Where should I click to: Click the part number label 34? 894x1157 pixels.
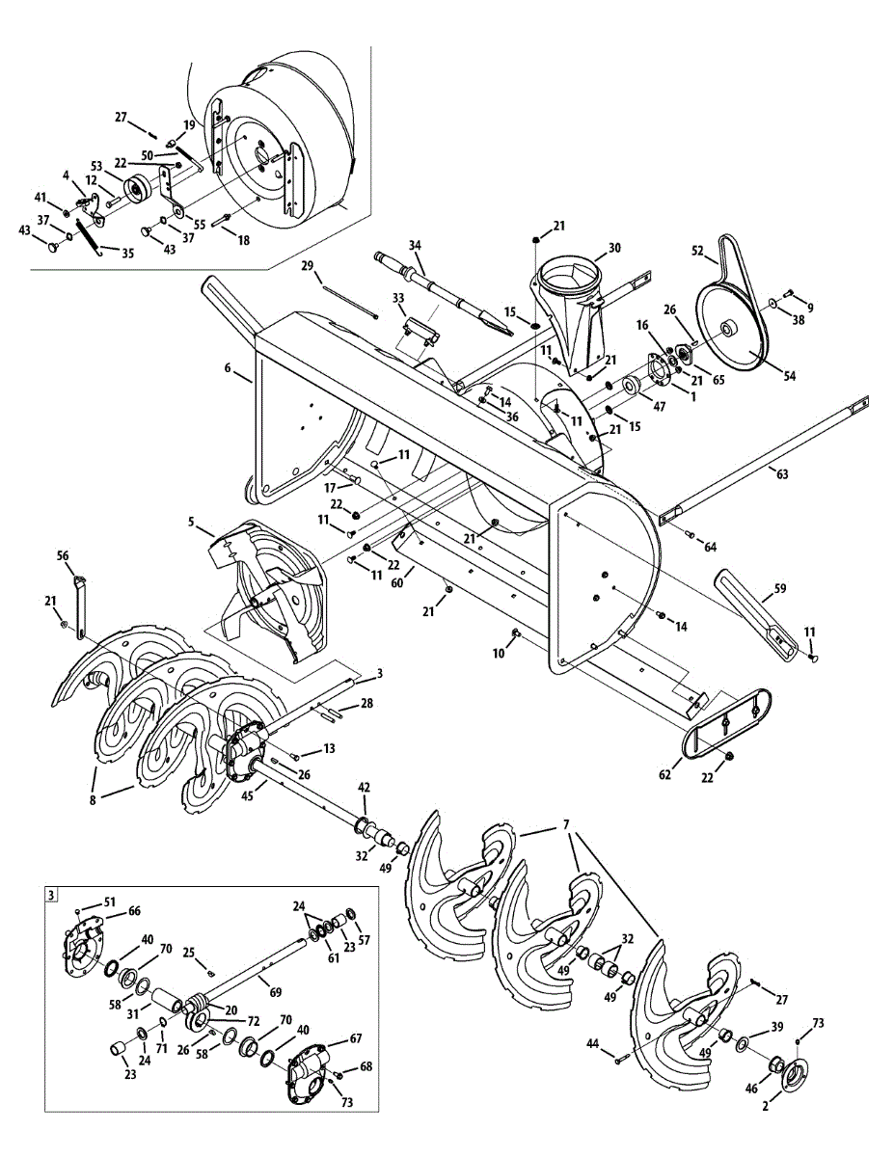pos(415,245)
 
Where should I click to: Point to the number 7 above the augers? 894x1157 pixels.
pos(566,824)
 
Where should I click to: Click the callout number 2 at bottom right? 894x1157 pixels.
pos(766,1107)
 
